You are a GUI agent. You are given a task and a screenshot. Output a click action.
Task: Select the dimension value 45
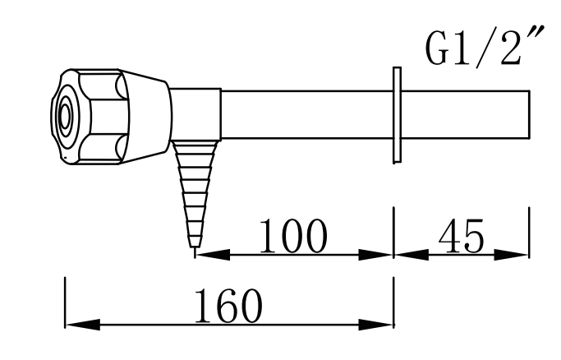pyautogui.click(x=462, y=237)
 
